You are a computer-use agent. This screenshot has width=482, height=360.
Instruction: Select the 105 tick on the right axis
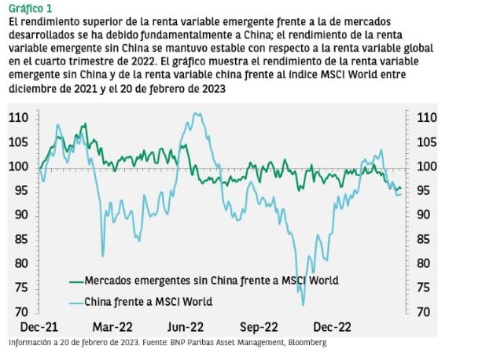coord(424,142)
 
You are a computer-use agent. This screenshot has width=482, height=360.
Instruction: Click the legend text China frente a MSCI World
coord(148,301)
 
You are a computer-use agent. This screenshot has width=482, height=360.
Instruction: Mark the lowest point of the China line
coord(303,305)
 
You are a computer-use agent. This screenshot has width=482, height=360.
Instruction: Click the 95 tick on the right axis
coord(422,191)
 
